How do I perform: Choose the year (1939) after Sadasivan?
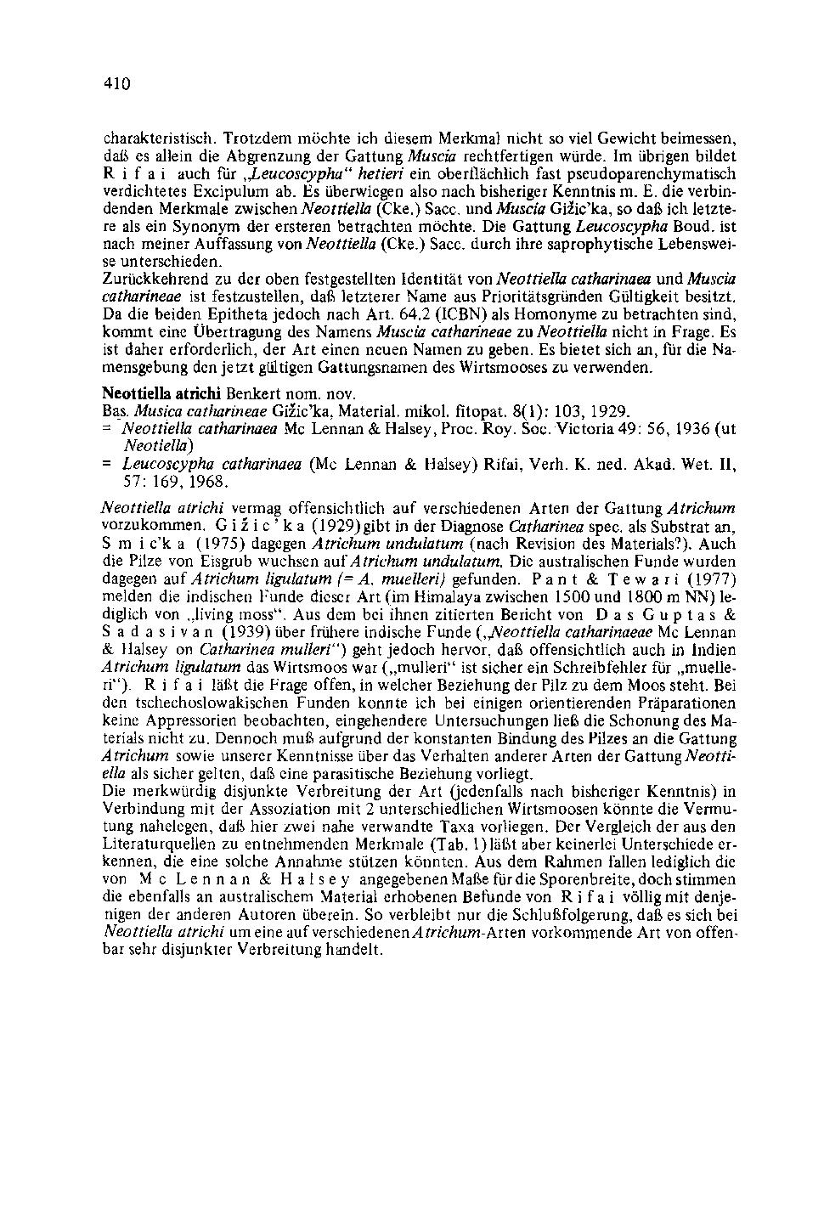pyautogui.click(x=246, y=631)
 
